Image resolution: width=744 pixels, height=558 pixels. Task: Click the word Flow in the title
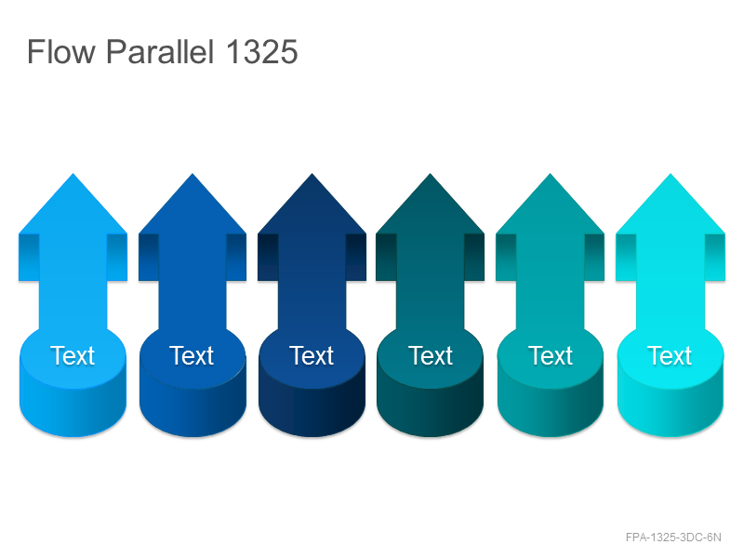[61, 52]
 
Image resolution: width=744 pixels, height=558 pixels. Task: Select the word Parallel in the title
[160, 51]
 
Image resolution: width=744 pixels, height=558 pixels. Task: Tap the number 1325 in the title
[261, 52]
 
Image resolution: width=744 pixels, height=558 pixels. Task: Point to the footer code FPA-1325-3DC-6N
[673, 538]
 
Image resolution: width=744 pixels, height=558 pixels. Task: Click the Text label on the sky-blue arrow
[73, 355]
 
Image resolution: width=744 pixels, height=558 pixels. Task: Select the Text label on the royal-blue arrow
[192, 355]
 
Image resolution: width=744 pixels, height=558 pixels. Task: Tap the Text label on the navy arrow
[312, 355]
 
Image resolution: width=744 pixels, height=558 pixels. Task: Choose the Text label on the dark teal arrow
[431, 355]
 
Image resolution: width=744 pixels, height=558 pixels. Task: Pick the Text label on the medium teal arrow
[551, 355]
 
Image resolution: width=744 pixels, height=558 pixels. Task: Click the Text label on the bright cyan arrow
[670, 355]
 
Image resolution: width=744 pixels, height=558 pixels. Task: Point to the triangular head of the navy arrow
[312, 208]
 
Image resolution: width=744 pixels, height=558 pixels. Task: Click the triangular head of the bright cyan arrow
[671, 208]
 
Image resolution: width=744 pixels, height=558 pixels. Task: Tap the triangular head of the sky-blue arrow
[73, 208]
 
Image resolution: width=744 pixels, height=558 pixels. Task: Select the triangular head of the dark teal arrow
[431, 208]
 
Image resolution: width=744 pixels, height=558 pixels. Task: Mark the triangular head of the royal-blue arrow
[193, 208]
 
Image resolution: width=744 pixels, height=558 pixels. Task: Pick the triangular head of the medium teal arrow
[551, 208]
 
